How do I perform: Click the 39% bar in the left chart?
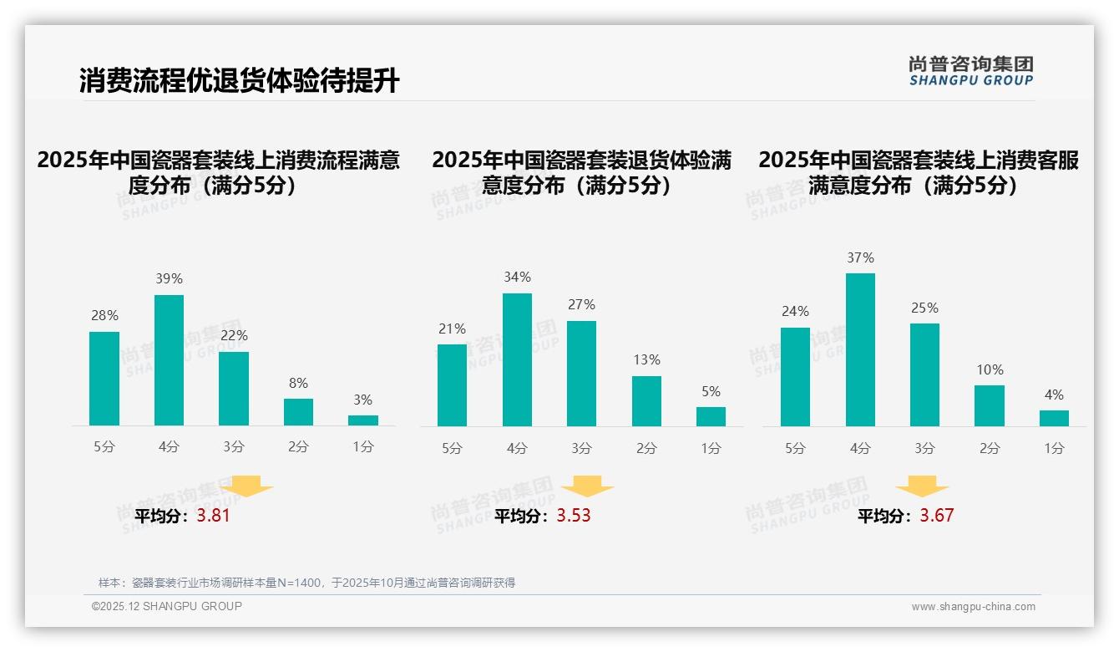tap(169, 360)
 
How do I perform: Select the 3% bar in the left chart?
tap(363, 420)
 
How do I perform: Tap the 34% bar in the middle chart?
tap(517, 359)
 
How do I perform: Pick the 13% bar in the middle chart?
tap(646, 401)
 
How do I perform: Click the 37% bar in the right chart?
tap(860, 349)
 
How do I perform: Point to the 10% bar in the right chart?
tap(990, 405)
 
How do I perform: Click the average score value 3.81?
tap(213, 516)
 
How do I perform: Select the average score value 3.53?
tap(574, 516)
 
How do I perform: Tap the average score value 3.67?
tap(936, 516)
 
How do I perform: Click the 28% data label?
tap(104, 316)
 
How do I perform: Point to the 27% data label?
tap(582, 305)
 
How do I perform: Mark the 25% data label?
tap(924, 308)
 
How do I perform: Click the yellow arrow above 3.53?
tap(587, 486)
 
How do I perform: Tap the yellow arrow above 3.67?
tap(922, 486)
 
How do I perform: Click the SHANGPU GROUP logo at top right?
tap(970, 71)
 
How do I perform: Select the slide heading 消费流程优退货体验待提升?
tap(240, 81)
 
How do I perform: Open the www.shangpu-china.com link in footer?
tap(973, 607)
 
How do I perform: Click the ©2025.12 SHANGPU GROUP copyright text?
tap(167, 606)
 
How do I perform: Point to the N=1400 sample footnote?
tap(306, 583)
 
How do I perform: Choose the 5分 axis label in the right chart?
tap(795, 448)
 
